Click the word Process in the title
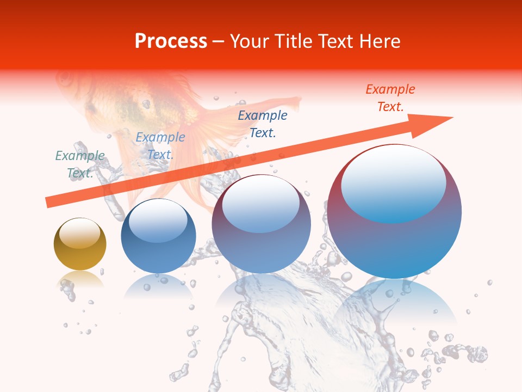pos(171,41)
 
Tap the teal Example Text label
pos(80,164)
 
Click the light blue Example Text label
pos(160,146)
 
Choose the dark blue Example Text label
pos(263,124)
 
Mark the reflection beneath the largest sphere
pos(395,302)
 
